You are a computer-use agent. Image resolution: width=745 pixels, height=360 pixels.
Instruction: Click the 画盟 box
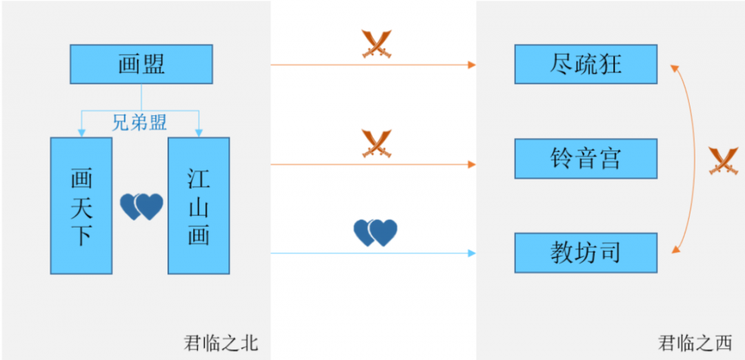pos(141,64)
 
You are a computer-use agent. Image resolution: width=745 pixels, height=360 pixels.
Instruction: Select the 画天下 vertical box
pos(81,206)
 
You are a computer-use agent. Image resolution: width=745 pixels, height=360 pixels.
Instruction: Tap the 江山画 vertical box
pos(199,206)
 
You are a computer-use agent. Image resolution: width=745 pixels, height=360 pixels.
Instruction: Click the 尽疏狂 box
pos(586,64)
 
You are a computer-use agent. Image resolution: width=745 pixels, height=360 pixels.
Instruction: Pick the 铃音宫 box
pos(586,159)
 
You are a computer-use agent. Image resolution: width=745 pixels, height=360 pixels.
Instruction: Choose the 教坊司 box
pos(586,252)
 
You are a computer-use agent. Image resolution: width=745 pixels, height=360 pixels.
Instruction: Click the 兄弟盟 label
pos(139,123)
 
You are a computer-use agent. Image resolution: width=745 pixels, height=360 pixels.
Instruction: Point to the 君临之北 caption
pos(221,343)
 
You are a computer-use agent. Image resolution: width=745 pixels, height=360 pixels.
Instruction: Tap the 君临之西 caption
pos(695,343)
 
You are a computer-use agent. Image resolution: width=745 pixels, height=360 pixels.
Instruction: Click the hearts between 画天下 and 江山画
pos(141,206)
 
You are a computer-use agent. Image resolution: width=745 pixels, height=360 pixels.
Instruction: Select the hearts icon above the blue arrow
pos(375,232)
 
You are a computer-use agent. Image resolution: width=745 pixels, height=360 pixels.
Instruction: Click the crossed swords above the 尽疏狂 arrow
pos(377,43)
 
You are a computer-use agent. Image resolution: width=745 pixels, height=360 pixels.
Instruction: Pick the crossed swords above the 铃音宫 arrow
pos(377,143)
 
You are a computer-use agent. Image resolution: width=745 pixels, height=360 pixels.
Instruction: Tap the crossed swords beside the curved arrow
pos(724,161)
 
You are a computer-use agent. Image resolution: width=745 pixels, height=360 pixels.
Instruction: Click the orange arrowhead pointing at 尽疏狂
pos(473,65)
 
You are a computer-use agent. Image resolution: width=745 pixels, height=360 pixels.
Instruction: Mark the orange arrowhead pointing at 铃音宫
pos(473,164)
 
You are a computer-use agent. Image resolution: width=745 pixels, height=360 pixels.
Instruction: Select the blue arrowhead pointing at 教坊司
pos(473,253)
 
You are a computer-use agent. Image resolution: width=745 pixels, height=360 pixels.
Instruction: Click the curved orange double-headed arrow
pos(691,159)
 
